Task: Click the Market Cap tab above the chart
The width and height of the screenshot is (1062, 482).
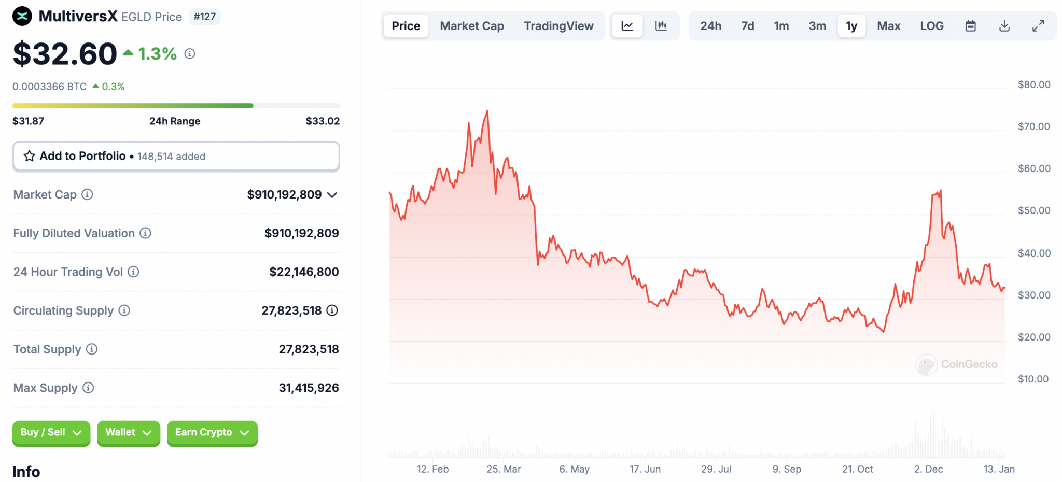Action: [x=471, y=26]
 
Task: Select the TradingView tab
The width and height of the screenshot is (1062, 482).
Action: [x=558, y=26]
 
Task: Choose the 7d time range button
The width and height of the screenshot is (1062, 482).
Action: [x=747, y=26]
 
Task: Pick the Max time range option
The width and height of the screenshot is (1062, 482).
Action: [x=888, y=26]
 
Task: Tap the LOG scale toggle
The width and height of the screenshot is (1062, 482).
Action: [x=931, y=26]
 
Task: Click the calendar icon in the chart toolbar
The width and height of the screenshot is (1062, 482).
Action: [x=970, y=26]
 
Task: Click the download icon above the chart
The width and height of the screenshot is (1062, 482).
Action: [x=1004, y=26]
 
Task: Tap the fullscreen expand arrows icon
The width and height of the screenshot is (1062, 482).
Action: [x=1038, y=26]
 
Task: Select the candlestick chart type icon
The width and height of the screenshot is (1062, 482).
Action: [x=661, y=26]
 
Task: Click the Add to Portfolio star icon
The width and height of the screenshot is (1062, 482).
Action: [x=30, y=156]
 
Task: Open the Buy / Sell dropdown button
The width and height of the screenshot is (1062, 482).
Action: [x=51, y=433]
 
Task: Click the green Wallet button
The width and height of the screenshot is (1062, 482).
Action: [x=128, y=433]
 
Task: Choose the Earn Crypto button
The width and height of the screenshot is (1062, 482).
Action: [x=212, y=433]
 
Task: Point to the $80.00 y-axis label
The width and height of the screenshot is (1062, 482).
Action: [x=1033, y=84]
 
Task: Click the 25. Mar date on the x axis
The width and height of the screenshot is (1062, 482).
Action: [x=504, y=469]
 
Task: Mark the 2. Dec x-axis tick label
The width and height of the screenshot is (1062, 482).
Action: [x=928, y=469]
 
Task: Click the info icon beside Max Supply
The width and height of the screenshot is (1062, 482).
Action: [x=89, y=388]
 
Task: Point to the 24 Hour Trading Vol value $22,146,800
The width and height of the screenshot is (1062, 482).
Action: [x=304, y=272]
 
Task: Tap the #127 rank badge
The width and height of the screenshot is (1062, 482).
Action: [x=205, y=17]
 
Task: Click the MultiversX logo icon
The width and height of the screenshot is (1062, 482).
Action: [x=22, y=16]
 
